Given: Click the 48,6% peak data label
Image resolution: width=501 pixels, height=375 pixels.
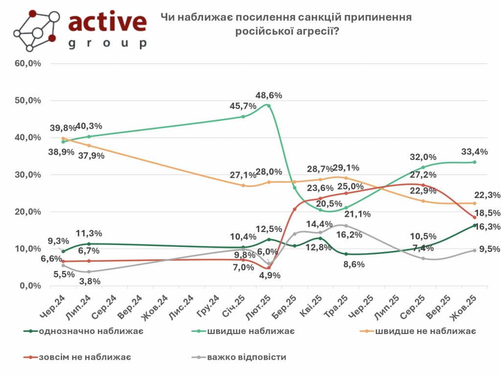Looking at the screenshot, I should pyautogui.click(x=270, y=95).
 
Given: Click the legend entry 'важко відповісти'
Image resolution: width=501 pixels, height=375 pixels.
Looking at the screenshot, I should pyautogui.click(x=247, y=357).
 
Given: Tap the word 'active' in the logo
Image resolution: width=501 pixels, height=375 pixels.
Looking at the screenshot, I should pyautogui.click(x=108, y=21).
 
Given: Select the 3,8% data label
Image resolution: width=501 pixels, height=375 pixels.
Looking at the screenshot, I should pyautogui.click(x=90, y=281).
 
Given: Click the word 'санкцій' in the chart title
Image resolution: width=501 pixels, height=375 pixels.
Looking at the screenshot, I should pyautogui.click(x=310, y=18).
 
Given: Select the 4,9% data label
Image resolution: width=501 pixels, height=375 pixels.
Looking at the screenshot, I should pyautogui.click(x=269, y=275).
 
